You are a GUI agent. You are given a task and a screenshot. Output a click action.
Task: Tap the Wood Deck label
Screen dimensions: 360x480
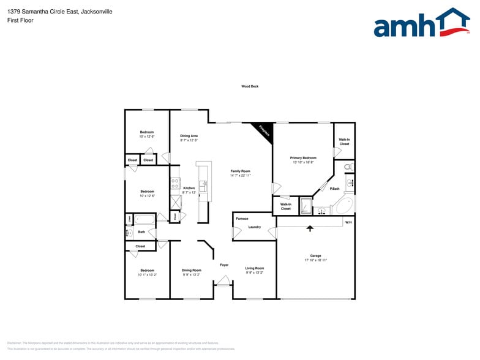(250, 86)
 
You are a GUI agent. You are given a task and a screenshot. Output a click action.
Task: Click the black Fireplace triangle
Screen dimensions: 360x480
(263, 129)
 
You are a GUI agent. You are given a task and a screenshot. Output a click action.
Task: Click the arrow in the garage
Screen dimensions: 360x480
(310, 228)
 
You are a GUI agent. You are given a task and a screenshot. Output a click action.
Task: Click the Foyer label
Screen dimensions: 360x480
(224, 264)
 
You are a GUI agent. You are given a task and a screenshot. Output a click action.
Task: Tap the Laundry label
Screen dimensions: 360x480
(255, 227)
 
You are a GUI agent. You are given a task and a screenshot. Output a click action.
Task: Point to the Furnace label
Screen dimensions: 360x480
(242, 219)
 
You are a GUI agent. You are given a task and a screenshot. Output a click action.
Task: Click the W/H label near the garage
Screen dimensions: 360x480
(348, 222)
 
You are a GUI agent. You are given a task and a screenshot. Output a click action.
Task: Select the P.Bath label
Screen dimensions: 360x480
(335, 189)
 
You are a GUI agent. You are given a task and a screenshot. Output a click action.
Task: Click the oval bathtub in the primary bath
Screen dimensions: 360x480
(345, 206)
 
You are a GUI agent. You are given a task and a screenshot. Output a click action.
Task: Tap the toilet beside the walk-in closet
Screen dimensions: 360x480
(348, 167)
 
